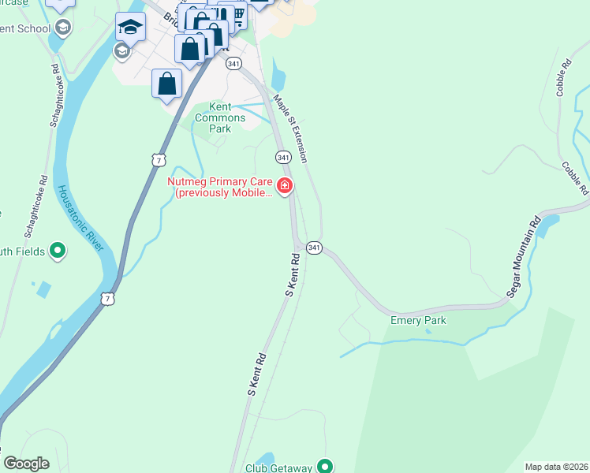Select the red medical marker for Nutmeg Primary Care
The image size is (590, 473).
285,187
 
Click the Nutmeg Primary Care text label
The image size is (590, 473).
220,187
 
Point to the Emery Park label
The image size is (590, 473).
418,320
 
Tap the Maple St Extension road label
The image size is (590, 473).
290,128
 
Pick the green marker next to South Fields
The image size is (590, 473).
57,251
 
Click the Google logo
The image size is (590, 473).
26,464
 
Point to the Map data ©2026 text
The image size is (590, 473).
556,467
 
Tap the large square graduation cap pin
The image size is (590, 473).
130,28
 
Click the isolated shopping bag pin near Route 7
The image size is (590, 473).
167,84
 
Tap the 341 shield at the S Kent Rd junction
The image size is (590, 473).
313,248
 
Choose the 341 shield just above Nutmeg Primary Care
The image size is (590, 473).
282,158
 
